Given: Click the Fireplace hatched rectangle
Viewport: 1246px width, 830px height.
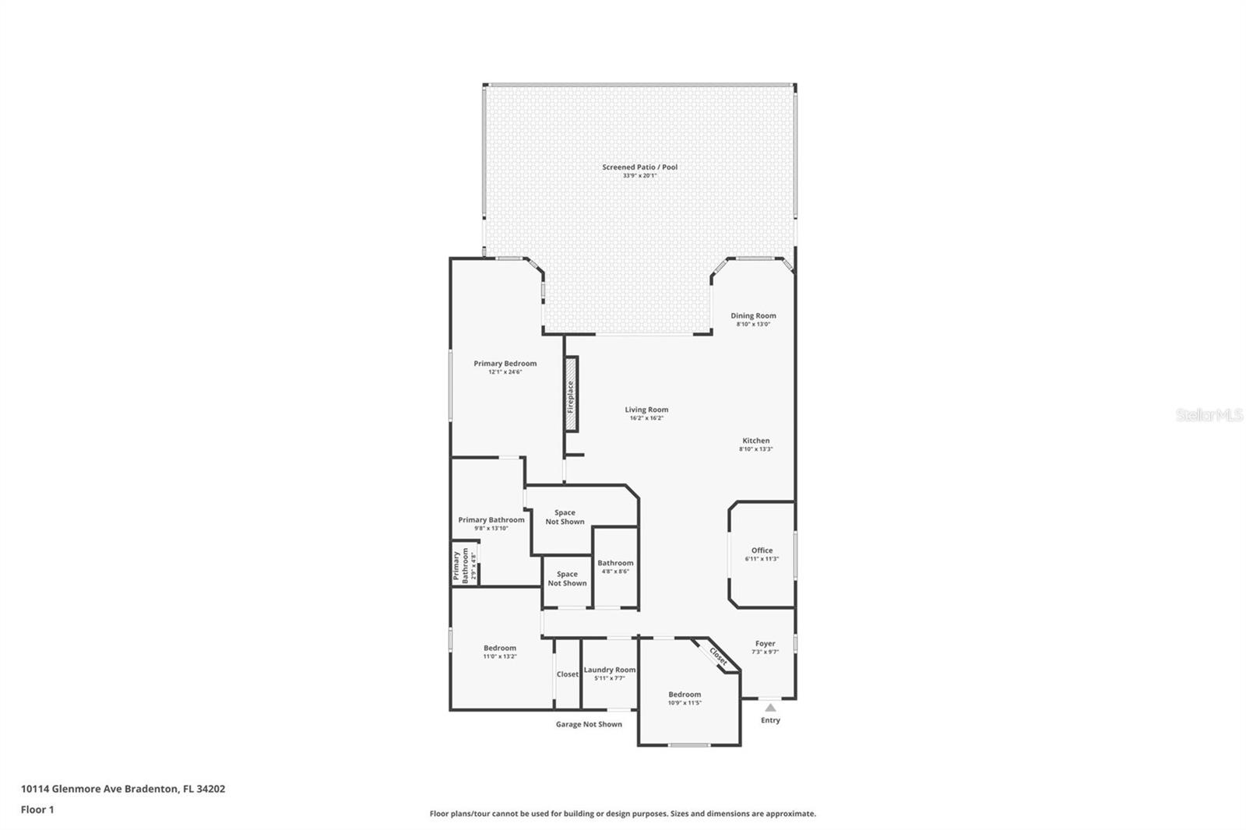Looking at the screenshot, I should pos(571,394).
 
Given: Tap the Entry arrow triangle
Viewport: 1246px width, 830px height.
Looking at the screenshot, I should pos(770,708).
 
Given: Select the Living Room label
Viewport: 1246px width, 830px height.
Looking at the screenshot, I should pos(646,410).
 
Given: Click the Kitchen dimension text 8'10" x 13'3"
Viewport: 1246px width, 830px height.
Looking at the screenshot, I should pos(755,449).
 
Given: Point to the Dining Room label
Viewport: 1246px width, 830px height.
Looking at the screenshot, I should pos(753,315).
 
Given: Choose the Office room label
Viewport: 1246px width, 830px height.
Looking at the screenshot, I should pos(762,550).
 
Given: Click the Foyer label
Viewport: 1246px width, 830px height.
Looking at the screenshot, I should pos(765,643).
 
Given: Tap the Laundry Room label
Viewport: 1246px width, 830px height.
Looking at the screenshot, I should pos(610,670).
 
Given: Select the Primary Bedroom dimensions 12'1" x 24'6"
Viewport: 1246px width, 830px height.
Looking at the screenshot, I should pos(505,372).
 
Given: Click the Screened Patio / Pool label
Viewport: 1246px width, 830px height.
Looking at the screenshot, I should pos(639,167).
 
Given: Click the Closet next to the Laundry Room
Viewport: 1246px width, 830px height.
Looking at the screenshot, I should pos(567,674).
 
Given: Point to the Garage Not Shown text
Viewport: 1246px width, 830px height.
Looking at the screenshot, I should pos(589,724).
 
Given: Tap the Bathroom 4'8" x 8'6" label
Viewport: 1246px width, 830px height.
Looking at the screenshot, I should pos(615,563).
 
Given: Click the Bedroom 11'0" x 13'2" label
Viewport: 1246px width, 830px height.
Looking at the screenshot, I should pos(499,648).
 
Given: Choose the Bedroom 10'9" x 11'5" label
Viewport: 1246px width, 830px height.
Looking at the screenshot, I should pos(685,695).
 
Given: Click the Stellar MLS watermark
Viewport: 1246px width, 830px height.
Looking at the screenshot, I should pos(1209,416).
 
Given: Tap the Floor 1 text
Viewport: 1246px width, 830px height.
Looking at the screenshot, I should pos(37,810).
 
